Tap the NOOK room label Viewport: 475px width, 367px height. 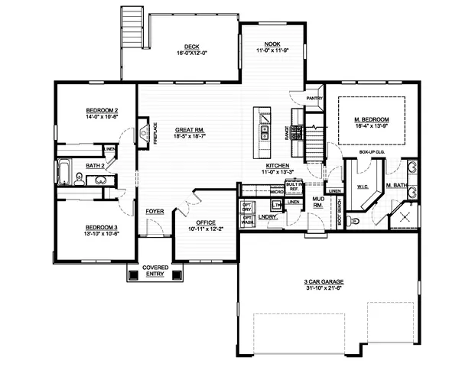(x=273, y=44)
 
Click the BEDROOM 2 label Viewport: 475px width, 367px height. (x=101, y=112)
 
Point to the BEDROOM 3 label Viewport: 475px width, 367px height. (x=100, y=227)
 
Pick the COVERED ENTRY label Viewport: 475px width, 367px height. (x=155, y=271)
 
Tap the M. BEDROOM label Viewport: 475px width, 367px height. (x=372, y=120)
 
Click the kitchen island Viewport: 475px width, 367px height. (x=264, y=126)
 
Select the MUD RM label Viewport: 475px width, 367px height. (x=317, y=202)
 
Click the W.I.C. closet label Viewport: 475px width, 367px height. (x=363, y=187)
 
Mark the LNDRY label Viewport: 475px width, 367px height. (x=267, y=218)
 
